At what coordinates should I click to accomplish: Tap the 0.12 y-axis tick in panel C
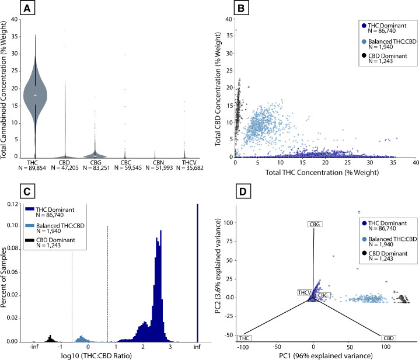[x=15, y=204]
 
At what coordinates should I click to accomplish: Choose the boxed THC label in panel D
[x=246, y=338]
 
